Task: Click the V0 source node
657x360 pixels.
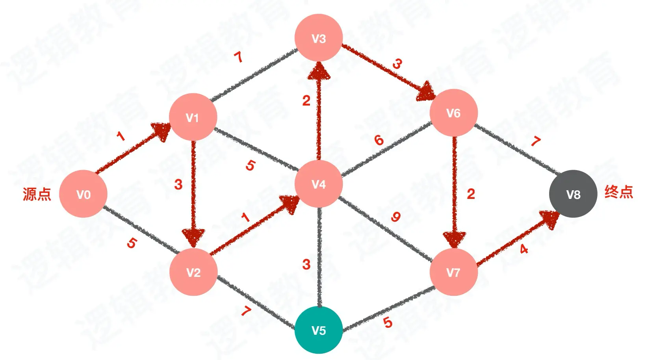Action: click(83, 194)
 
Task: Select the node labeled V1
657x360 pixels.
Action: click(193, 117)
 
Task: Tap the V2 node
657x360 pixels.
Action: click(193, 272)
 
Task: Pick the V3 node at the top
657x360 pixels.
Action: click(318, 38)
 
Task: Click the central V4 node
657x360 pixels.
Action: click(318, 184)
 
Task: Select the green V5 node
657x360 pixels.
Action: click(318, 330)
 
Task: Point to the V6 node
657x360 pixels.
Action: click(453, 113)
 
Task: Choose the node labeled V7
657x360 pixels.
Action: click(453, 272)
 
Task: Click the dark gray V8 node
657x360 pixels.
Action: click(573, 194)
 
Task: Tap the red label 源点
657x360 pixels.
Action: click(37, 194)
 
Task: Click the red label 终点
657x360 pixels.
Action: click(618, 192)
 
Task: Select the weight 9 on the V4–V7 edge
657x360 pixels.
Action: click(395, 217)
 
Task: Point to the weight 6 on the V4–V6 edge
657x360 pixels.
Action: click(379, 140)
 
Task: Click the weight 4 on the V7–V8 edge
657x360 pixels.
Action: click(523, 249)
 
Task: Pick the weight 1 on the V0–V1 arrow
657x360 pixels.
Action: click(121, 136)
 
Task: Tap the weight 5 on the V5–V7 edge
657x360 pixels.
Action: click(388, 323)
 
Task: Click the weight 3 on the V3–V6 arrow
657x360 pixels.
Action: click(397, 63)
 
